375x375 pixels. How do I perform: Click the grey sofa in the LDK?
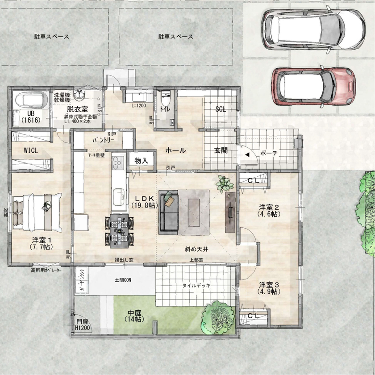[169, 211]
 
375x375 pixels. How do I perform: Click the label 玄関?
[221, 151]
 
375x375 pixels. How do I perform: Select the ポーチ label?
[269, 153]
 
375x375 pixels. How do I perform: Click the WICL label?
[31, 151]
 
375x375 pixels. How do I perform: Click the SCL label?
[221, 109]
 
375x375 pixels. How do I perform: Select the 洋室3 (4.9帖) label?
[270, 288]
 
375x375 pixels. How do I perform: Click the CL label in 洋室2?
[253, 181]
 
